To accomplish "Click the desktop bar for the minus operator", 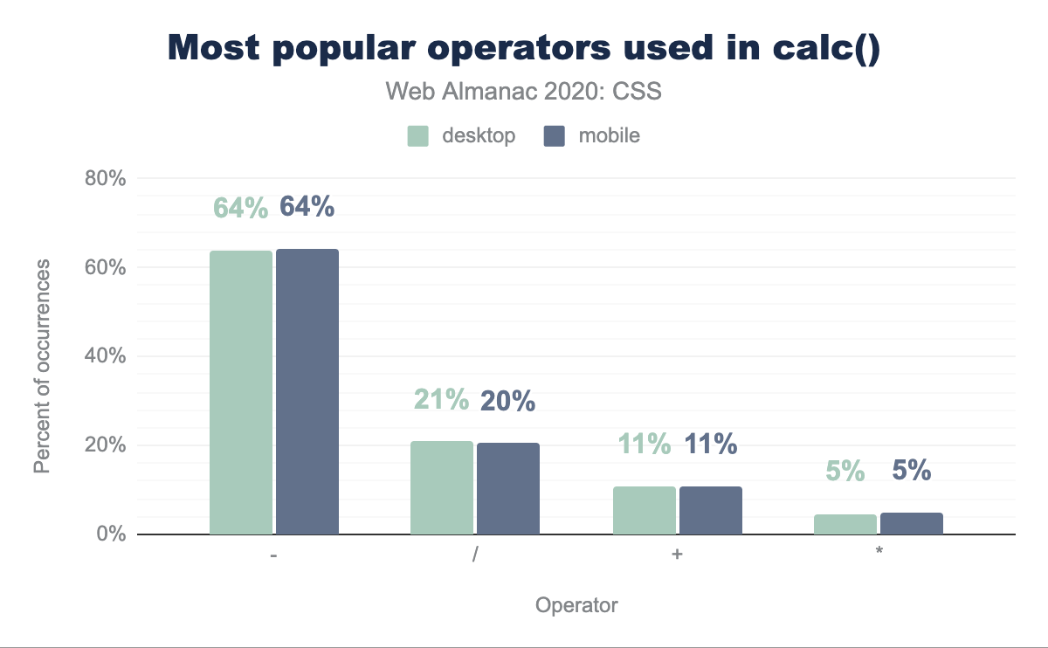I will [241, 392].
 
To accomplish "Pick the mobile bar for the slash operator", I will [508, 488].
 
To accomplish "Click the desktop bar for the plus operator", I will [645, 510].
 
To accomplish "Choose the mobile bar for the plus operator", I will [711, 510].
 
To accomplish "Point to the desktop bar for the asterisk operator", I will [845, 524].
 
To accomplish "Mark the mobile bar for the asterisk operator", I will [912, 523].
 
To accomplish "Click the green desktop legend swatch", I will [418, 136].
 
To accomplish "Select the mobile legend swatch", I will [554, 136].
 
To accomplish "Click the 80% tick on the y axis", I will [106, 179].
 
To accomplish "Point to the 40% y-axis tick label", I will [106, 356].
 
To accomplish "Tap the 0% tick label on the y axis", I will [111, 534].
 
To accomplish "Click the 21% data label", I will [442, 400].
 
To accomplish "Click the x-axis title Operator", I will [576, 605].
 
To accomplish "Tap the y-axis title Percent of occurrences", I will [42, 367].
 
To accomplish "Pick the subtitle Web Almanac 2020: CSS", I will [523, 92].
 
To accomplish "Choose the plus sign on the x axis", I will [677, 555].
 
